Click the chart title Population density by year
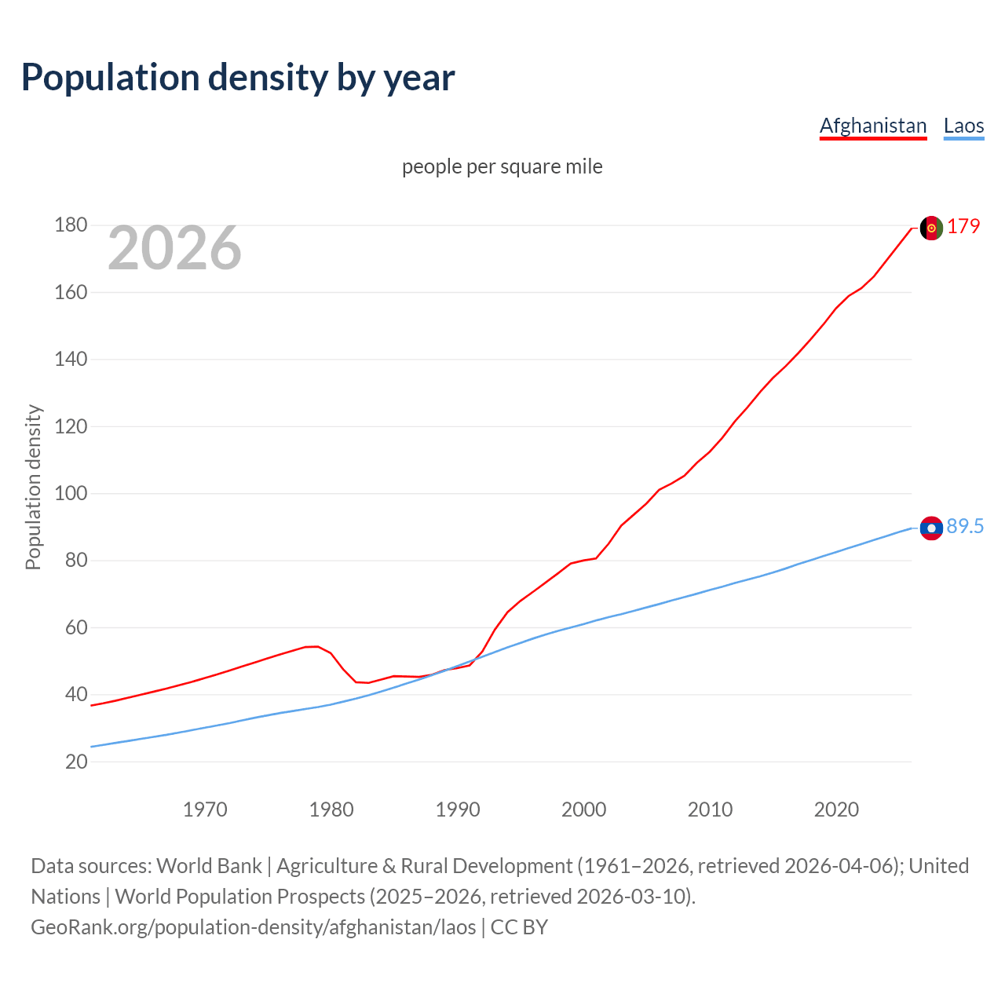238,78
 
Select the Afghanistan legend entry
872,126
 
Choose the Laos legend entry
963,126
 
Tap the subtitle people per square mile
502,166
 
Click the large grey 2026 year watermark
174,248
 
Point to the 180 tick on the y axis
71,225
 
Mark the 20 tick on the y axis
76,762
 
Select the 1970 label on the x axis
205,809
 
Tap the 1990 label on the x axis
458,809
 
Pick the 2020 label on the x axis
836,809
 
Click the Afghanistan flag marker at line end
931,228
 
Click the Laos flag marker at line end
931,528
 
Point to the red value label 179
963,226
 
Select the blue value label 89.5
965,527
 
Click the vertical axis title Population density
33,487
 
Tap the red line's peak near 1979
314,646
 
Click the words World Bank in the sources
209,866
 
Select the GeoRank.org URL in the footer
253,927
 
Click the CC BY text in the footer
519,927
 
